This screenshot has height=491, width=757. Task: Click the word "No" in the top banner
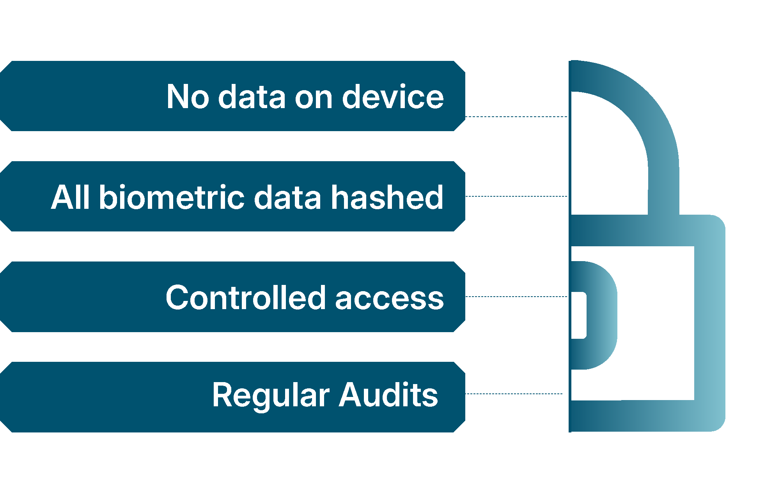click(x=188, y=96)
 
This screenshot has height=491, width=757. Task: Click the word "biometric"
click(x=172, y=197)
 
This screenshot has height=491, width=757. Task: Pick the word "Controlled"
click(x=245, y=297)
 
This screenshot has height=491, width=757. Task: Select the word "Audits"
click(x=388, y=394)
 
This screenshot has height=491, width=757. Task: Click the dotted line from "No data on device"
click(x=516, y=117)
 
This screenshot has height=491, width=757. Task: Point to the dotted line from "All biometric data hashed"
click(x=516, y=196)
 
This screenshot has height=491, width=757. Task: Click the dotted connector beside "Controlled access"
click(x=516, y=297)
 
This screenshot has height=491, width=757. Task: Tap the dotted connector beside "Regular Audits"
click(x=514, y=394)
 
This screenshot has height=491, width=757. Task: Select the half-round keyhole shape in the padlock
click(x=603, y=315)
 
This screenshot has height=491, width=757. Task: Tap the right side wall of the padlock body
click(x=710, y=324)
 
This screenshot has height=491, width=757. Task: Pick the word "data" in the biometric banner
click(x=287, y=197)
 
